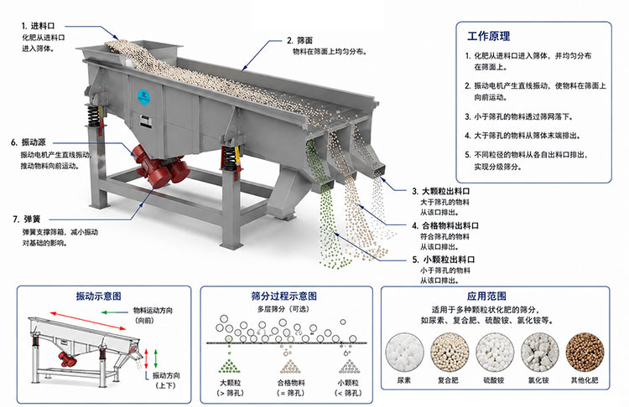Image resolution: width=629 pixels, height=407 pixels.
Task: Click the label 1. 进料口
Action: (x=38, y=26)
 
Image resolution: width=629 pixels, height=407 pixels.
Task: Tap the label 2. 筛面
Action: (x=299, y=40)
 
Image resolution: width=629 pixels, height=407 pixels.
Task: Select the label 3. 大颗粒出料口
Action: (x=441, y=192)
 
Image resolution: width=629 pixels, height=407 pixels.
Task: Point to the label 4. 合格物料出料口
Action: (x=445, y=225)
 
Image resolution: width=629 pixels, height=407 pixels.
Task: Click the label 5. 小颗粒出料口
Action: (x=444, y=260)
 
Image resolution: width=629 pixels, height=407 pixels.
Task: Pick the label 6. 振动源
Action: (x=29, y=142)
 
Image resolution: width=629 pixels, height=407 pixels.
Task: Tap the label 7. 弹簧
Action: (x=27, y=219)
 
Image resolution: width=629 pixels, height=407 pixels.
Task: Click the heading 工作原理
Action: (x=489, y=37)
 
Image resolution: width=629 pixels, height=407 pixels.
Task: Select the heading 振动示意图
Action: (x=99, y=296)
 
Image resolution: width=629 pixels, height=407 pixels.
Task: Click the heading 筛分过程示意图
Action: (x=284, y=296)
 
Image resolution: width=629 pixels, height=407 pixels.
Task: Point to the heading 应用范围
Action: (x=486, y=296)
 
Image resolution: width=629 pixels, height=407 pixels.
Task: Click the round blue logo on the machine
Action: (x=144, y=96)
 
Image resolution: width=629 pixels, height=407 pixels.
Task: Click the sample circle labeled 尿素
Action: (x=404, y=353)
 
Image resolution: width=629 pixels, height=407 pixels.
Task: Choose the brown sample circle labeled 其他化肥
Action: (x=585, y=353)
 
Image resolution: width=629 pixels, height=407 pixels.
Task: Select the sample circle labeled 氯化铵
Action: (x=539, y=353)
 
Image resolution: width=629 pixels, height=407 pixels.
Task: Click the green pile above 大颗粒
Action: (x=230, y=366)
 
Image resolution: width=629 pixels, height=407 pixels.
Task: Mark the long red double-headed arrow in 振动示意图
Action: (x=88, y=321)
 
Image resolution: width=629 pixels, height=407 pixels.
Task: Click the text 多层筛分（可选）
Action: (x=283, y=309)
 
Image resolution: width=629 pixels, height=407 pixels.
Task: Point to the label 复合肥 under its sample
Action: (x=448, y=379)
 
